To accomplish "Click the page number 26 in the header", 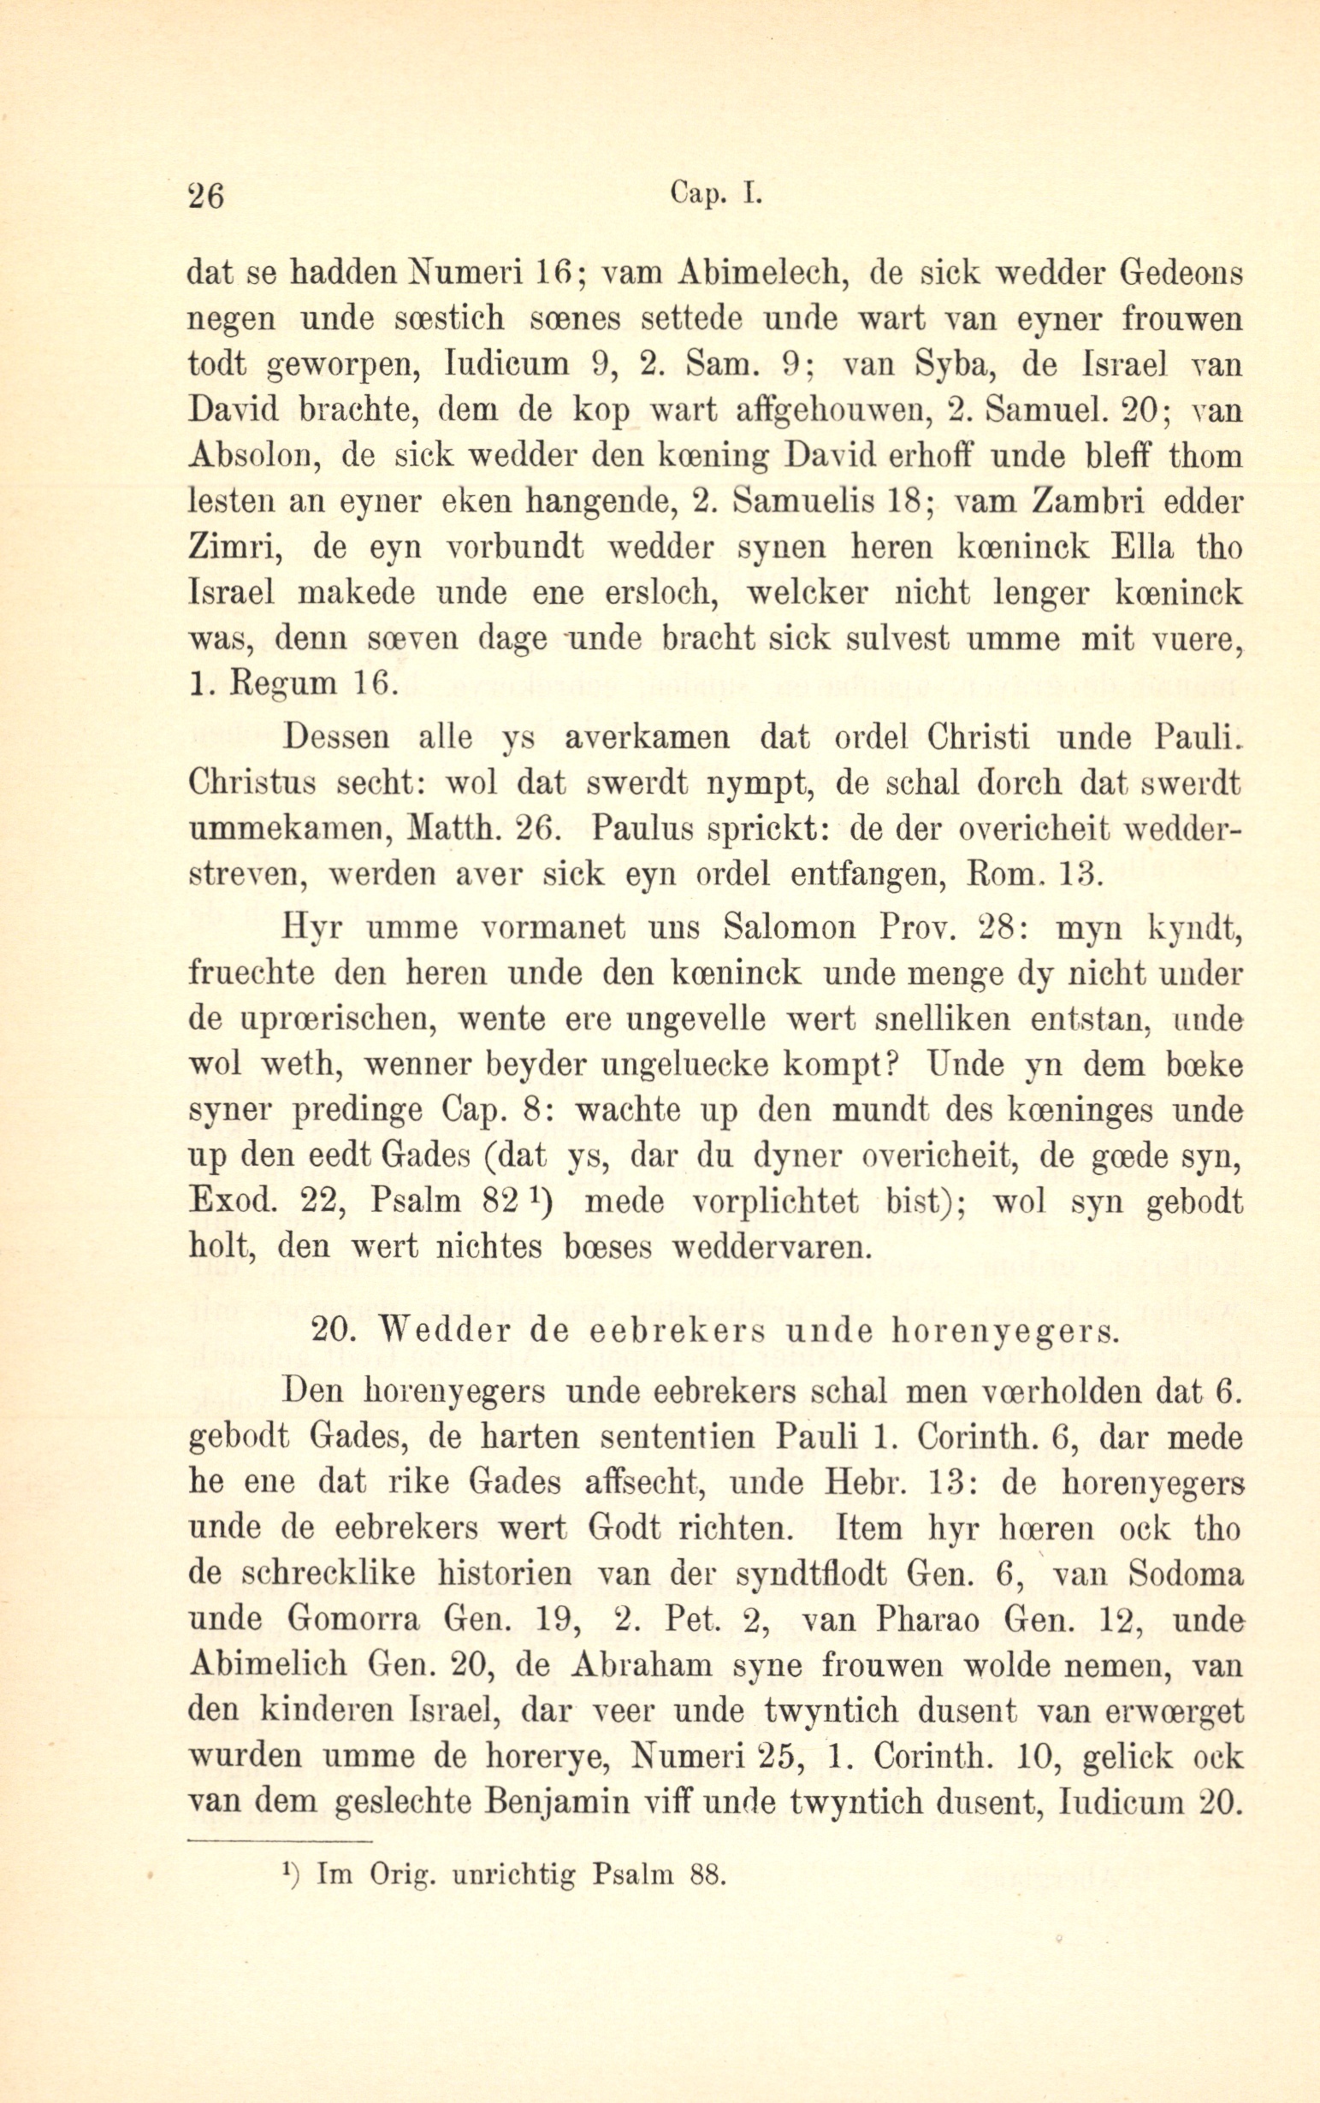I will point(207,196).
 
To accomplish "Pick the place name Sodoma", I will point(1187,1574).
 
